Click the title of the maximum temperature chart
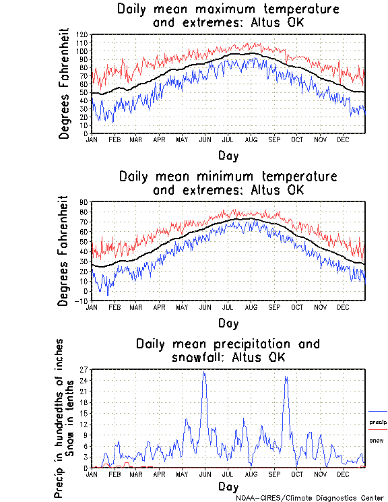(228, 16)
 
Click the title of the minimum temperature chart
(228, 183)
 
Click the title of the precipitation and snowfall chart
(228, 350)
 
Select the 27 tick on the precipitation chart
(84, 370)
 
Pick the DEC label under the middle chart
(343, 307)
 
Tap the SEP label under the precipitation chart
(274, 474)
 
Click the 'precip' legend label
(378, 422)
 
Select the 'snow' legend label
(376, 441)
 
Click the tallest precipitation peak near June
(204, 373)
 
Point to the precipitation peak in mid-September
(286, 377)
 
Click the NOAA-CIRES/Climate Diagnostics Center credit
(310, 498)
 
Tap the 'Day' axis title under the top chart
(228, 156)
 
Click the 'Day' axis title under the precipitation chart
(228, 487)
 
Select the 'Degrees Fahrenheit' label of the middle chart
(65, 251)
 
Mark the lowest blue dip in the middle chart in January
(107, 295)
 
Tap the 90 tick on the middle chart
(84, 202)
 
